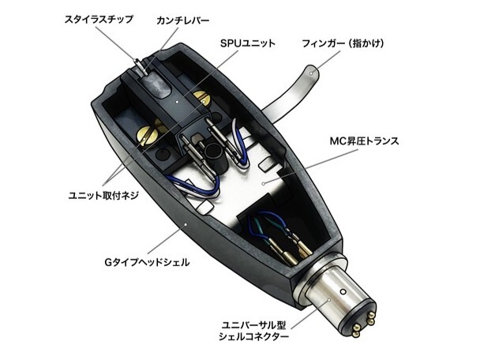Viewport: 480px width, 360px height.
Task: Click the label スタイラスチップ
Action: pos(99,19)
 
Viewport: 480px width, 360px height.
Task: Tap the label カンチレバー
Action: pos(182,21)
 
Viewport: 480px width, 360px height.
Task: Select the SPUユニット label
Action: pos(247,43)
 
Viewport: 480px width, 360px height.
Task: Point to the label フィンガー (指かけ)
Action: pos(343,43)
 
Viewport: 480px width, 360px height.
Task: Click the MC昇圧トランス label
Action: pos(364,141)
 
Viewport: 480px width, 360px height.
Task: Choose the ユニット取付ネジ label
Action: pos(103,195)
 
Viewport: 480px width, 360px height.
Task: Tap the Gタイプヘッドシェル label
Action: pos(147,262)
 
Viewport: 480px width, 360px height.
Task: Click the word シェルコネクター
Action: pos(253,337)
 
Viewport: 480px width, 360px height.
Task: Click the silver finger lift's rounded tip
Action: pos(312,72)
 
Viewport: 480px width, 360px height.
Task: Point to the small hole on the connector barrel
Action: pos(343,291)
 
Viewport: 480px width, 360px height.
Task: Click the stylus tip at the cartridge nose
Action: pos(137,61)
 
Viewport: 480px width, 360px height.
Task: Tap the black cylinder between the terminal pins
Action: pos(213,157)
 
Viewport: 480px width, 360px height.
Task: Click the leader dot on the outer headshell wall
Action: pos(186,224)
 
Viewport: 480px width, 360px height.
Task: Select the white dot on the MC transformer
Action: pos(264,184)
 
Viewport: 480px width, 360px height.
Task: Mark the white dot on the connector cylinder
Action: pos(329,300)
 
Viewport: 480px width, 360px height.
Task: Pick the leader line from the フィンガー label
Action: pos(328,62)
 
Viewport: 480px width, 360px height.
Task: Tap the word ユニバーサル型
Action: pos(253,324)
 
